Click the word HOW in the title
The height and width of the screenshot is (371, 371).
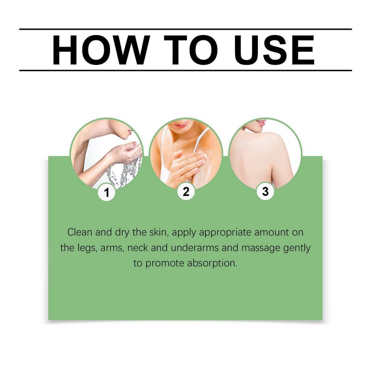tap(101, 50)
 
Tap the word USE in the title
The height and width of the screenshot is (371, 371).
tap(274, 50)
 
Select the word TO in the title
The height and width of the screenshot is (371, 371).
tap(191, 50)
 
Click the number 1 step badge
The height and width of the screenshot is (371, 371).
tap(107, 192)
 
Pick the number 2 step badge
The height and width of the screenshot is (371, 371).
tap(186, 191)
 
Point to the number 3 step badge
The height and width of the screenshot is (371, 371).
tap(266, 191)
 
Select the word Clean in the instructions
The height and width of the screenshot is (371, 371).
tap(80, 232)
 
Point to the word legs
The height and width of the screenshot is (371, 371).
tap(87, 248)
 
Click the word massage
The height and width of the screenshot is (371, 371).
tap(261, 248)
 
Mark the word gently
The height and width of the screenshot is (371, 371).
tap(297, 248)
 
